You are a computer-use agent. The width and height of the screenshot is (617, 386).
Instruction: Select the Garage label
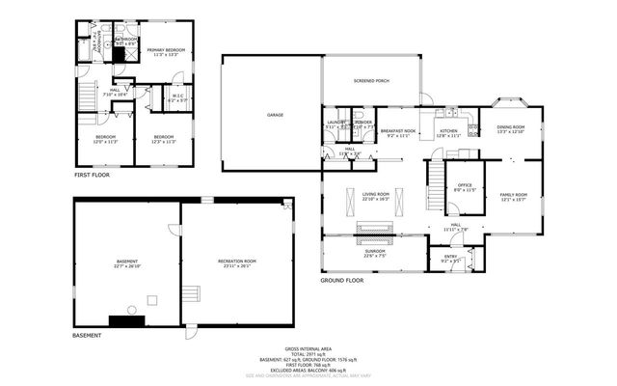coord(275,115)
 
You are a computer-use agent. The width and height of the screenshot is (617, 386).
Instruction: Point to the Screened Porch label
coord(371,80)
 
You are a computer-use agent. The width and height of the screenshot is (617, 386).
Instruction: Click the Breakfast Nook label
coord(398,132)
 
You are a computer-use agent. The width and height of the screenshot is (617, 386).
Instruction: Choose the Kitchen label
coord(448,132)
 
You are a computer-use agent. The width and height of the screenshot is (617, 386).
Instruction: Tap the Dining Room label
coord(510,129)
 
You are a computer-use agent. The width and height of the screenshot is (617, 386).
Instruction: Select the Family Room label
coord(513,196)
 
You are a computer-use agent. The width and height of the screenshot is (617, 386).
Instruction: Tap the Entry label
coord(451,259)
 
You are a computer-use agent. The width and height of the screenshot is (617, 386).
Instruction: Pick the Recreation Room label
coord(236,262)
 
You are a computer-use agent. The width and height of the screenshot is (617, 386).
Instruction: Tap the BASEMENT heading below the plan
coord(87,336)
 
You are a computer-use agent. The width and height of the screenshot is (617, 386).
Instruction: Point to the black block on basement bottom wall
coord(124,320)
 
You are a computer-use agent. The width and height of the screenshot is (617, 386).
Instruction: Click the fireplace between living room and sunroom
coord(374,229)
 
